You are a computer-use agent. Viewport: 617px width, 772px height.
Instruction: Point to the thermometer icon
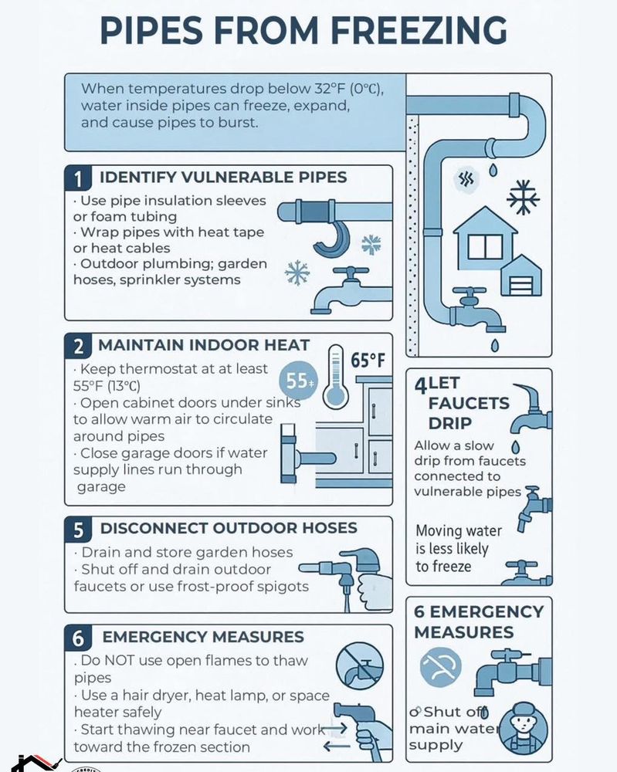point(334,378)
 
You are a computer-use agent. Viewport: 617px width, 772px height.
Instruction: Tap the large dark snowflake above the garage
point(522,197)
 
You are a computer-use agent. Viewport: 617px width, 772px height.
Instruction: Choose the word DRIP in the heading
point(450,424)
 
